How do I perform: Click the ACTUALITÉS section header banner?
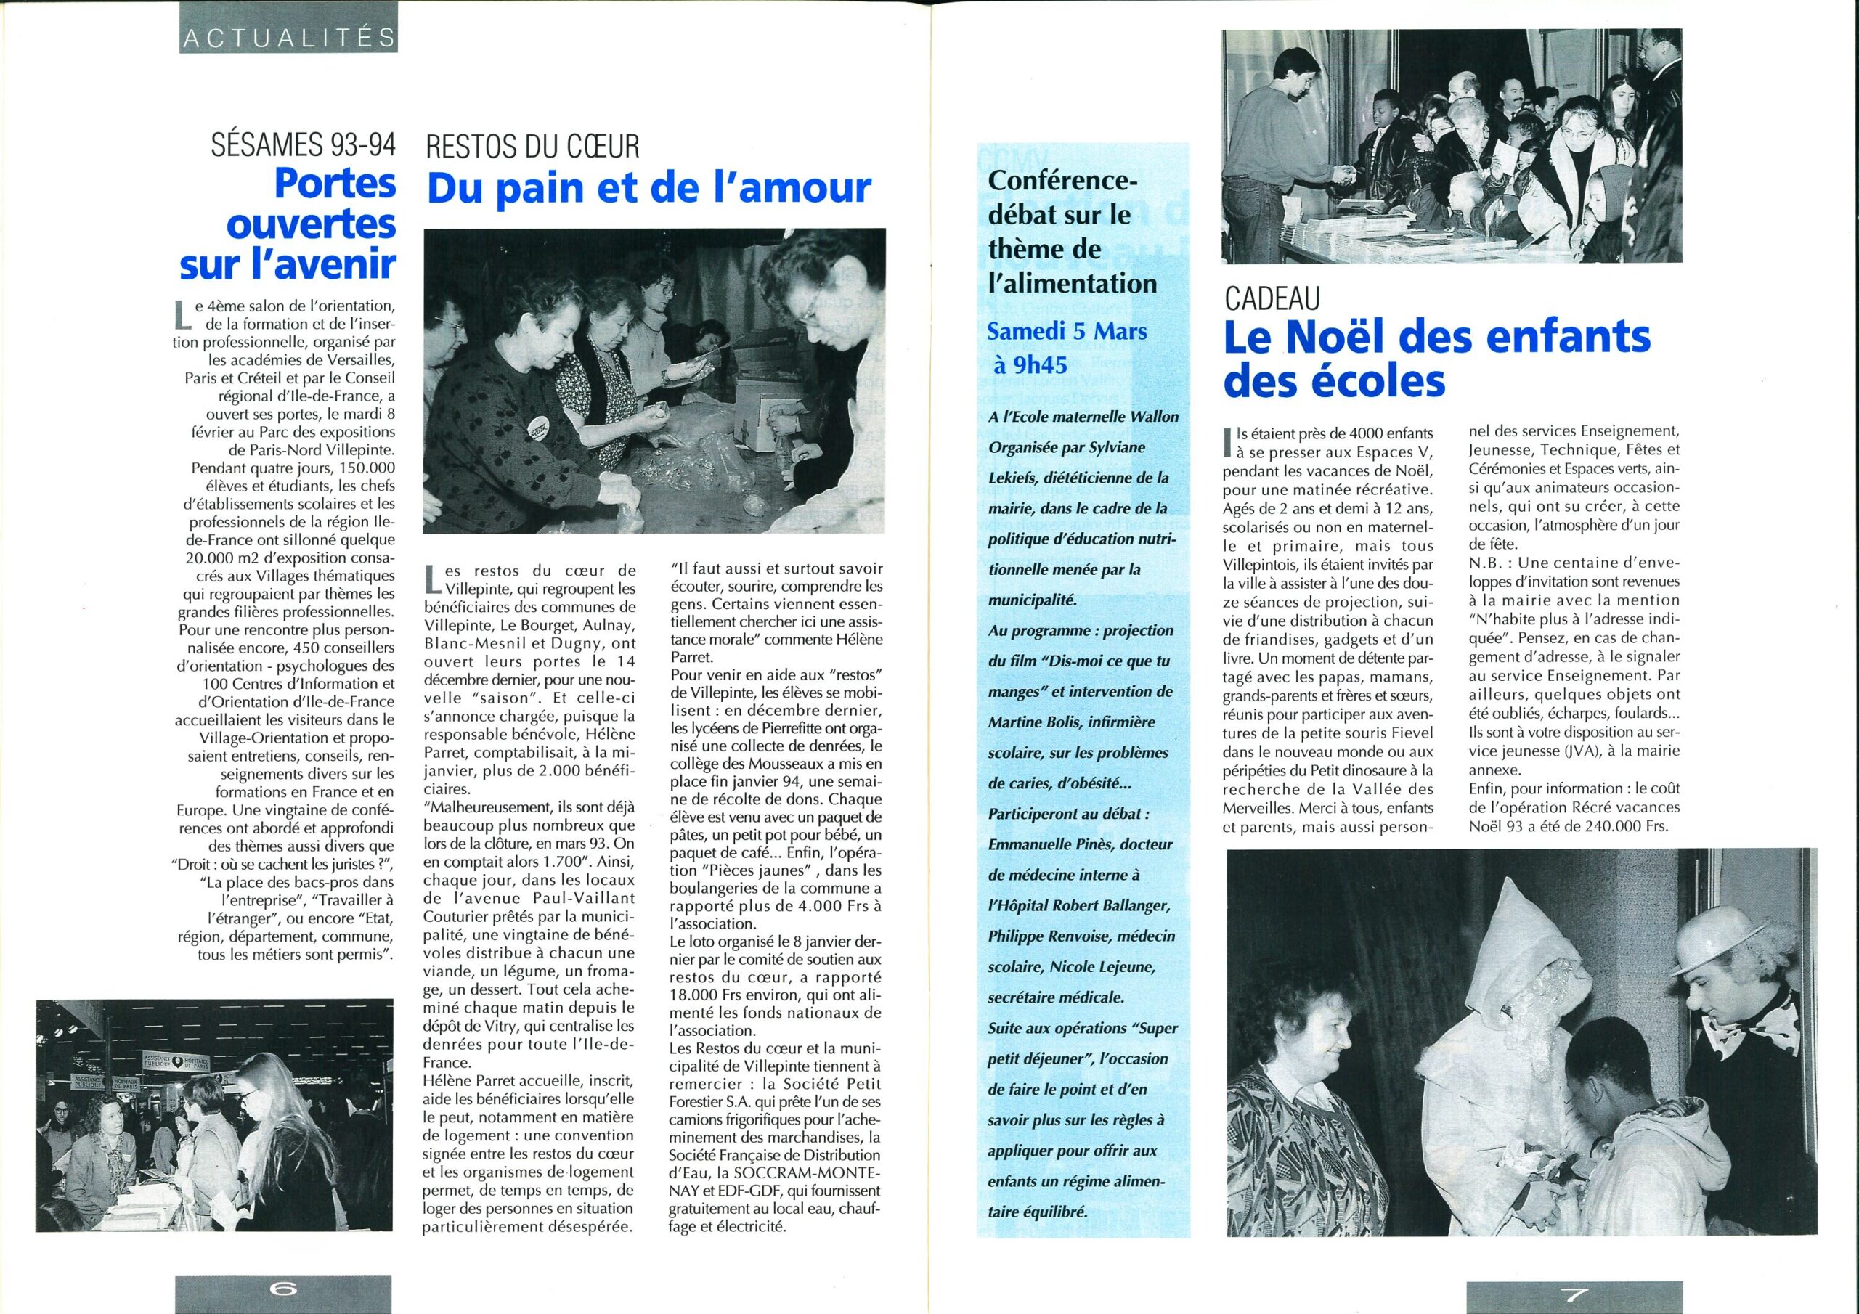tap(288, 36)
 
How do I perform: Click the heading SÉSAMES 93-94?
tap(303, 147)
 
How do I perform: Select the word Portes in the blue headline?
tap(335, 184)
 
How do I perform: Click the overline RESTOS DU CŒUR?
tap(532, 147)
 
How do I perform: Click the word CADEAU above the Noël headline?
tap(1272, 300)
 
